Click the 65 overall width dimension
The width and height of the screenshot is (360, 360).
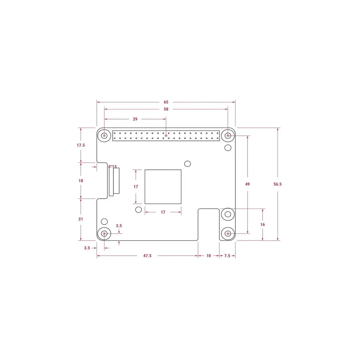(166, 102)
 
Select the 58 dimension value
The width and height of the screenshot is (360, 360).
(166, 109)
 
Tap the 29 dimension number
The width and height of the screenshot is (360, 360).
(135, 119)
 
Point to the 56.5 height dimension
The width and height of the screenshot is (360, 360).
(277, 184)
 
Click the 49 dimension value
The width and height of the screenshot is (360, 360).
(247, 184)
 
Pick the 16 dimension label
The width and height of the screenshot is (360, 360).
(262, 225)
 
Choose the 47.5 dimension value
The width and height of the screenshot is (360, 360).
(147, 256)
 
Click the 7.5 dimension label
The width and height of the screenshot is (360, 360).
(227, 256)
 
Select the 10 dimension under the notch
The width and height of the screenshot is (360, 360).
(208, 256)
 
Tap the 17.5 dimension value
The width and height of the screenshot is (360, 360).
(81, 145)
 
